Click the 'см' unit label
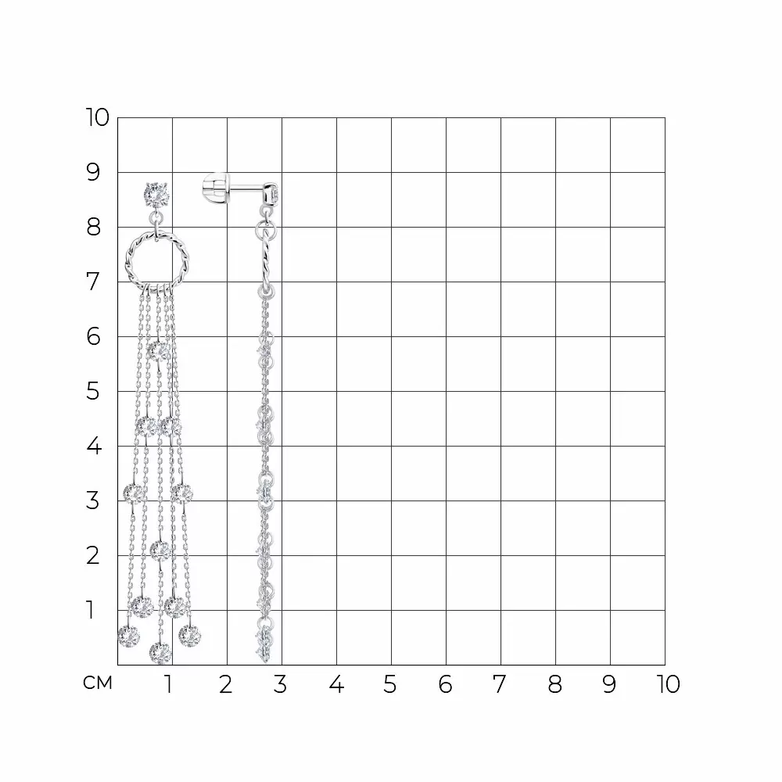point(98,683)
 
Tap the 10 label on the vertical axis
point(97,118)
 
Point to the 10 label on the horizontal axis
point(669,684)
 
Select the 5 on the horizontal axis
point(390,684)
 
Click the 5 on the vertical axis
point(93,392)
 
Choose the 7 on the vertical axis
point(93,282)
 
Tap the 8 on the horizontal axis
point(555,684)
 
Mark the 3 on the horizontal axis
point(280,684)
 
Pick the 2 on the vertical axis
point(93,555)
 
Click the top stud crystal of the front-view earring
point(156,195)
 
